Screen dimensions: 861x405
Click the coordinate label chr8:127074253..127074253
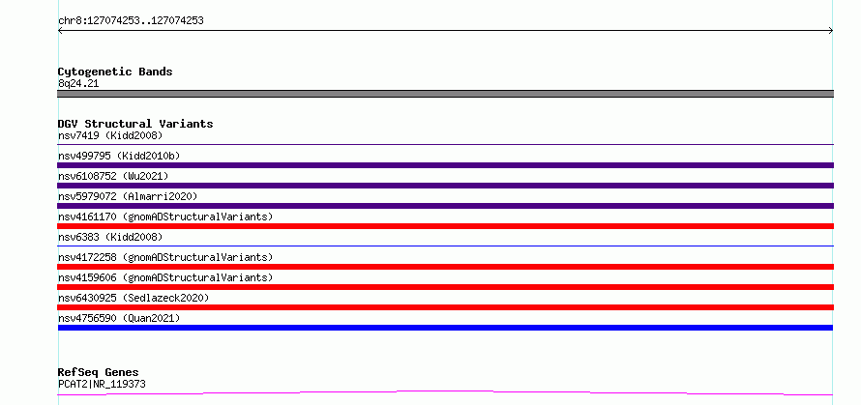(131, 21)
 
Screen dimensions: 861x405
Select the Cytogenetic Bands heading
(115, 72)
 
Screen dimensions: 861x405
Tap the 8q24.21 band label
(78, 84)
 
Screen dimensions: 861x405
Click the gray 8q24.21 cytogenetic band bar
(445, 94)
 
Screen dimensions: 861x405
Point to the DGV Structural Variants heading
(135, 124)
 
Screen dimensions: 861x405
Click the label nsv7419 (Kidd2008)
(110, 135)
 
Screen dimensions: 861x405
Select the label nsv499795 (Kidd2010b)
(119, 156)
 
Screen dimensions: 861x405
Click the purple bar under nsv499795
(445, 165)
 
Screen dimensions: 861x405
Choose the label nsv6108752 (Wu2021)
(113, 176)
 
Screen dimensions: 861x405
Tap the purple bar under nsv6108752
(445, 186)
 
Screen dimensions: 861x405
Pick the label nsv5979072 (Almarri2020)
(128, 196)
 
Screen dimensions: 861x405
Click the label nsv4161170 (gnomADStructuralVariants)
(165, 217)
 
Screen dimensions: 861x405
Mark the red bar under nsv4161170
(445, 226)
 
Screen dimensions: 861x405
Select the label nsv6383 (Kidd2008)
(110, 237)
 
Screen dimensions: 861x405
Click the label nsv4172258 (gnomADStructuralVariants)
(165, 257)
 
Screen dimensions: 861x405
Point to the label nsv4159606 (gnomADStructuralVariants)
(165, 277)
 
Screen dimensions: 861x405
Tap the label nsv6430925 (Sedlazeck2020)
(134, 298)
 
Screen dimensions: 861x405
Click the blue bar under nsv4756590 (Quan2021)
(445, 328)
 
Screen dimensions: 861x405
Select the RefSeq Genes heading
(99, 373)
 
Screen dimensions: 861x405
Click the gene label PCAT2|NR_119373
(102, 384)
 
